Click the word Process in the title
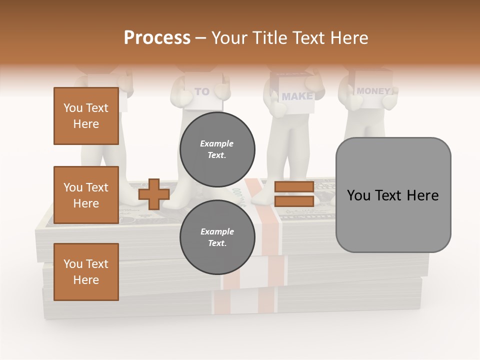tap(157, 37)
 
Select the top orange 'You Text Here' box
tap(86, 116)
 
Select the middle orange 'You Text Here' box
tap(86, 195)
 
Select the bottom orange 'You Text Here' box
tap(86, 272)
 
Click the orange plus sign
tap(154, 194)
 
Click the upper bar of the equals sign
tap(294, 187)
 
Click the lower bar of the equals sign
tap(294, 201)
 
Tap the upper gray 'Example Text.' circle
tap(217, 149)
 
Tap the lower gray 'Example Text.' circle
tap(217, 237)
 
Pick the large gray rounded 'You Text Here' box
tap(393, 195)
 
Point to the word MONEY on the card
tap(373, 91)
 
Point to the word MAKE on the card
tap(296, 96)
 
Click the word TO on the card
tap(202, 91)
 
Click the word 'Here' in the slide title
tap(350, 37)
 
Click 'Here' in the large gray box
tap(422, 195)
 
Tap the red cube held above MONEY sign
tap(370, 76)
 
